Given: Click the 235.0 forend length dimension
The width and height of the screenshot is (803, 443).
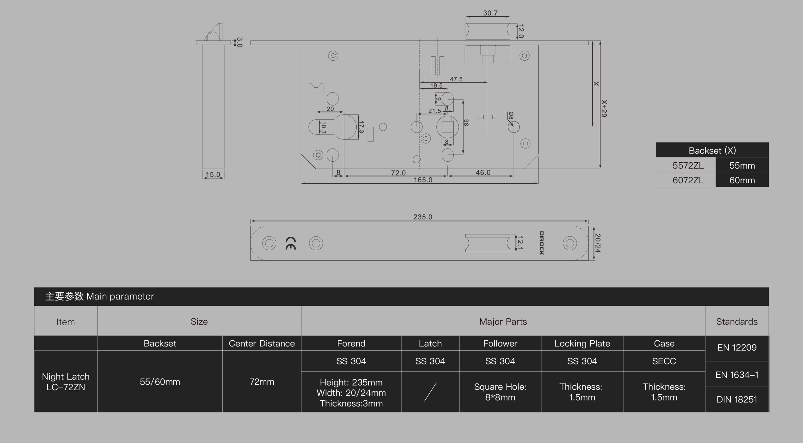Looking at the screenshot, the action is pyautogui.click(x=423, y=217).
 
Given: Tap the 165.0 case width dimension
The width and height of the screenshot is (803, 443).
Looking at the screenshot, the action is pyautogui.click(x=423, y=180).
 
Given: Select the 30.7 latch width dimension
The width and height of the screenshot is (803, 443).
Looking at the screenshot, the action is pyautogui.click(x=490, y=13).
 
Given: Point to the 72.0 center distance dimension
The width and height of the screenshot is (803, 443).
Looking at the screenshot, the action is pyautogui.click(x=398, y=173).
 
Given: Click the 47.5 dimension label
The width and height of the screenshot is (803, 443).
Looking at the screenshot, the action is pyautogui.click(x=456, y=79).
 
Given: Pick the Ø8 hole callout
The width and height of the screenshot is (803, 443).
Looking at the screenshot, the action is pyautogui.click(x=511, y=115).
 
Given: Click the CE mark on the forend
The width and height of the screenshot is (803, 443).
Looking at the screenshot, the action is pyautogui.click(x=290, y=243).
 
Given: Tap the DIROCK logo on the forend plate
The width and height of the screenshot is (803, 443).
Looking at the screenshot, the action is pyautogui.click(x=541, y=243).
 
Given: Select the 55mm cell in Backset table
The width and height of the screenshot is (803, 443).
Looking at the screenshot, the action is pyautogui.click(x=742, y=165).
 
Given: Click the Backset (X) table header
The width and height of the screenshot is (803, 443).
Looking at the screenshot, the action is pyautogui.click(x=712, y=150).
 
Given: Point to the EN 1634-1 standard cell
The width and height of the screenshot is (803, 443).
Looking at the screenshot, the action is pyautogui.click(x=737, y=374).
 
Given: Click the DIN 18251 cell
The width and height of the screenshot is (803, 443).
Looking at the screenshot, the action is pyautogui.click(x=737, y=399).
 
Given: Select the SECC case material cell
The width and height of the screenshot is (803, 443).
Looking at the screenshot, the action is pyautogui.click(x=664, y=361).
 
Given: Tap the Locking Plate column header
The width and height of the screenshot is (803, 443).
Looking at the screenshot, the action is pyautogui.click(x=582, y=343).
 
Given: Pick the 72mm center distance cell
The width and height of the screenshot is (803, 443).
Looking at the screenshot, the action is pyautogui.click(x=262, y=381).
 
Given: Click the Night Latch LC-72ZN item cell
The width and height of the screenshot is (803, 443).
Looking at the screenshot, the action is pyautogui.click(x=66, y=381).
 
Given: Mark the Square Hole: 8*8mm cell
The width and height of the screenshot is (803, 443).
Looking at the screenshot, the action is pyautogui.click(x=500, y=392).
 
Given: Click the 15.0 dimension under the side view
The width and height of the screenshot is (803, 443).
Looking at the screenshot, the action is pyautogui.click(x=213, y=175).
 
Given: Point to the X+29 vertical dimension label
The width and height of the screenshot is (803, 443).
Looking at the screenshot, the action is pyautogui.click(x=604, y=109).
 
